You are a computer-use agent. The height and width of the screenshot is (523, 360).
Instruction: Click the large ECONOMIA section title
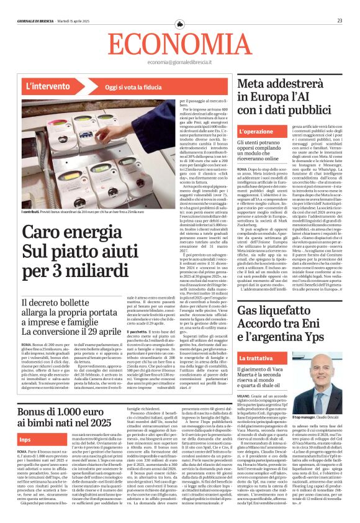coord(180,43)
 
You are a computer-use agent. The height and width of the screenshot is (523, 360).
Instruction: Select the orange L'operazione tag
coord(256,132)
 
